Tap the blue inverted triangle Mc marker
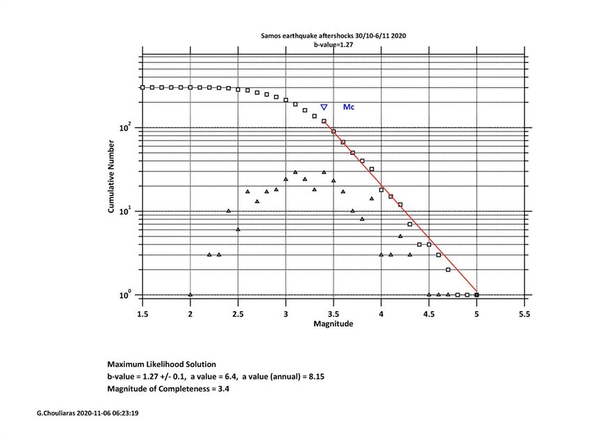click(x=324, y=107)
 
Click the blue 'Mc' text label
click(x=348, y=107)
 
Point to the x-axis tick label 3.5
click(x=333, y=315)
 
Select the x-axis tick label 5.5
click(x=524, y=315)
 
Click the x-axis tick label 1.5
click(x=142, y=315)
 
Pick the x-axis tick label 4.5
click(x=429, y=315)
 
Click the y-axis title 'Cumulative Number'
click(x=111, y=174)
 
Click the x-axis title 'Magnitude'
click(x=333, y=324)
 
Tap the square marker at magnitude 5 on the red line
click(x=477, y=295)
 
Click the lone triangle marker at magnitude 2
click(x=190, y=294)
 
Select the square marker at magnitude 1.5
click(x=142, y=87)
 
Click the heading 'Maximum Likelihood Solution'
click(x=161, y=364)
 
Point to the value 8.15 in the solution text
click(x=314, y=377)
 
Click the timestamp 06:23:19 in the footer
click(x=130, y=414)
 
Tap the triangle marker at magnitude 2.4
click(x=228, y=210)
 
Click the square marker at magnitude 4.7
click(x=448, y=269)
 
